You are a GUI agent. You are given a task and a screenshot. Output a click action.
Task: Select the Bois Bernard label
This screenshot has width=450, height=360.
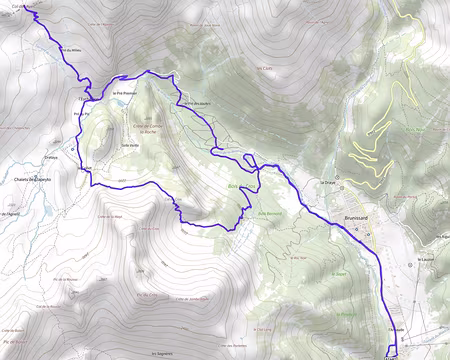tap(272, 213)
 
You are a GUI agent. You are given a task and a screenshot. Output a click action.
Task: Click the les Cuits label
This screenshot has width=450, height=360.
tap(265, 68)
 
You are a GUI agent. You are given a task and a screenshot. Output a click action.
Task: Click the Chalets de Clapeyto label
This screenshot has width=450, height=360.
tap(31, 180)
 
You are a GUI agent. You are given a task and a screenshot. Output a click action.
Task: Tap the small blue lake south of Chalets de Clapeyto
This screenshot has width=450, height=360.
tap(45, 212)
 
